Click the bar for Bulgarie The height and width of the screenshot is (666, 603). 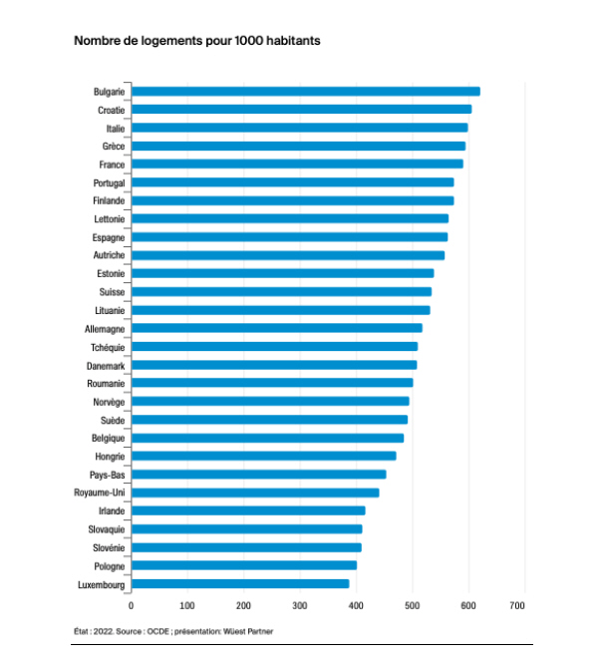pyautogui.click(x=305, y=92)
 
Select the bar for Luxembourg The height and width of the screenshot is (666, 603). pyautogui.click(x=240, y=584)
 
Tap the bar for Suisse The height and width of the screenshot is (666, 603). pyautogui.click(x=281, y=292)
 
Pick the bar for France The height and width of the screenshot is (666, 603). pyautogui.click(x=297, y=165)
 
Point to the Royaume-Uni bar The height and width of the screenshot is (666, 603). pyautogui.click(x=255, y=493)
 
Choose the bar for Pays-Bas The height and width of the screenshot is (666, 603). pyautogui.click(x=258, y=475)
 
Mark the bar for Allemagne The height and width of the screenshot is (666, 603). pyautogui.click(x=276, y=328)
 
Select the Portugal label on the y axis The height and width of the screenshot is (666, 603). pyautogui.click(x=109, y=182)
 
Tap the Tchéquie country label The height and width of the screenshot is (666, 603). pyautogui.click(x=108, y=347)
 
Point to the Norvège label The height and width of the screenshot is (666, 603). pyautogui.click(x=109, y=402)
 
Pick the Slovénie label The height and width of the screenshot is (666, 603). pyautogui.click(x=108, y=547)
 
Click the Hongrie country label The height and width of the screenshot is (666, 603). pyautogui.click(x=109, y=457)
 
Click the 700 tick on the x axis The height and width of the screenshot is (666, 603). pyautogui.click(x=517, y=606)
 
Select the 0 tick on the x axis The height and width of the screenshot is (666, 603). pyautogui.click(x=131, y=606)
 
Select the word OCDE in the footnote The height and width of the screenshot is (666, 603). pyautogui.click(x=155, y=631)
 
